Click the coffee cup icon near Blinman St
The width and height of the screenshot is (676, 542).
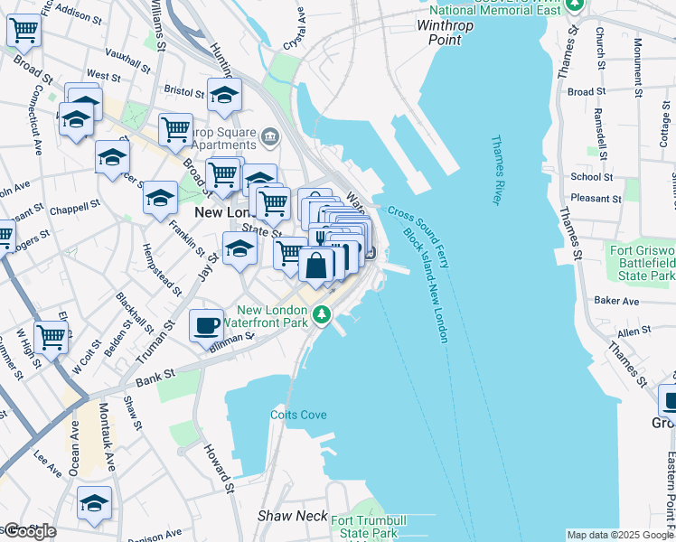[x=207, y=323]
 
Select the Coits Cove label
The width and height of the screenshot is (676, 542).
[x=298, y=415]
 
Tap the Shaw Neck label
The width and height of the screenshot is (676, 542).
[x=286, y=516]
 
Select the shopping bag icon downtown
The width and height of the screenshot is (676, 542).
[x=316, y=266]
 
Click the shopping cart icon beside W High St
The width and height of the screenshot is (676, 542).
[x=52, y=338]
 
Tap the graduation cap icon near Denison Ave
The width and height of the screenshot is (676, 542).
[x=94, y=503]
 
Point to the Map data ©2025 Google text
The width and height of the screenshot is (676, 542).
[x=619, y=535]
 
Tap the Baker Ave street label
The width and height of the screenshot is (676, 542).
[x=616, y=301]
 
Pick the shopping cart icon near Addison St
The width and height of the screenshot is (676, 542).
[x=23, y=30]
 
